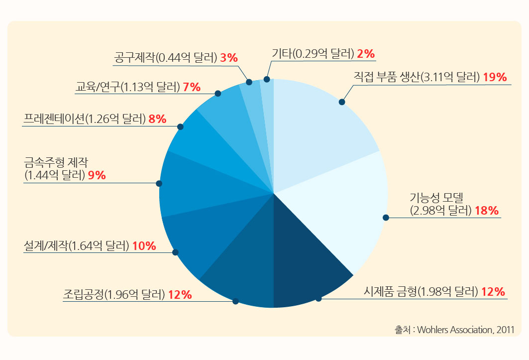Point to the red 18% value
click(486, 211)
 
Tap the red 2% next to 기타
click(366, 53)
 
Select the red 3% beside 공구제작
click(229, 58)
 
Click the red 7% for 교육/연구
click(192, 87)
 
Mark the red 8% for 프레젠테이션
click(157, 119)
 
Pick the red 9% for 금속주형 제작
click(97, 175)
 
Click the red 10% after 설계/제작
click(144, 245)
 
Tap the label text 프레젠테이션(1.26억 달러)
click(85, 119)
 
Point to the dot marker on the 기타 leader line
click(267, 79)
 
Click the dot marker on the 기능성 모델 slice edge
click(386, 217)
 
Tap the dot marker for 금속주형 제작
click(159, 183)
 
